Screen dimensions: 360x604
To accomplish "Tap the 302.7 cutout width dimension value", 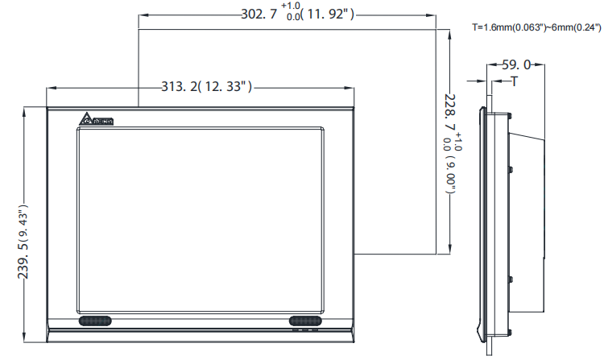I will [x=259, y=14].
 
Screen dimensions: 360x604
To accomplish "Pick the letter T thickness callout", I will [x=513, y=81].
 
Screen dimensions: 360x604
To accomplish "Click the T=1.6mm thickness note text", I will [x=536, y=27].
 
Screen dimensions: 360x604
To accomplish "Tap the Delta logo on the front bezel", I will [x=95, y=121].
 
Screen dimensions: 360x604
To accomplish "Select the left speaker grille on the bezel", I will [x=96, y=321].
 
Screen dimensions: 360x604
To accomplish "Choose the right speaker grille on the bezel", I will [x=305, y=321].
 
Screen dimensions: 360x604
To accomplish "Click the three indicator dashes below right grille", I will [x=306, y=329].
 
